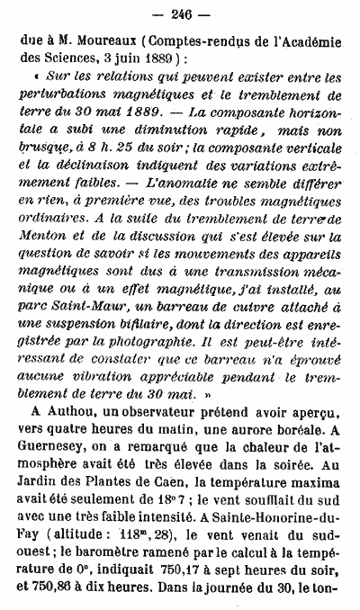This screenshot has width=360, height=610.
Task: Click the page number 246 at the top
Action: [x=180, y=13]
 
